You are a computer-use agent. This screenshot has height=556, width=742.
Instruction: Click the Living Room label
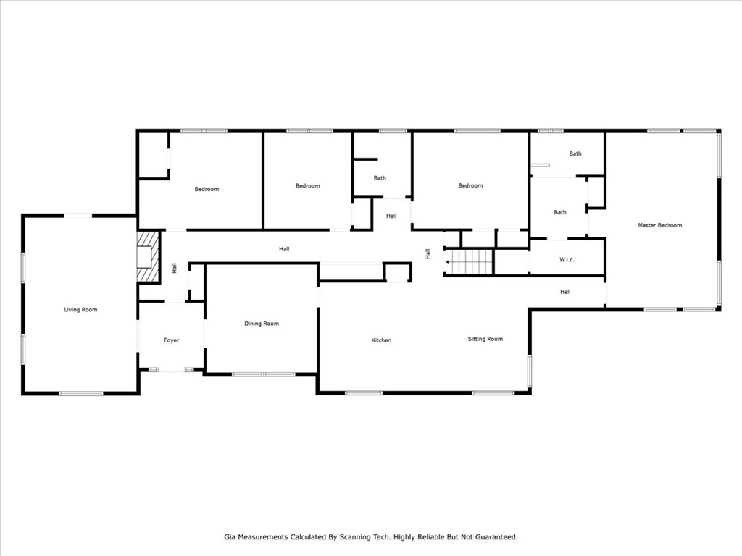click(x=80, y=310)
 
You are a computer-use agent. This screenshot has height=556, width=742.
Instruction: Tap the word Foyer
click(x=171, y=340)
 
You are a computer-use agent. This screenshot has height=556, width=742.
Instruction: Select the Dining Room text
click(x=261, y=324)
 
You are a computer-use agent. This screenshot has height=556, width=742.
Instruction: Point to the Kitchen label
click(x=381, y=340)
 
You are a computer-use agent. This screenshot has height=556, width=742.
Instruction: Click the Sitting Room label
click(x=485, y=339)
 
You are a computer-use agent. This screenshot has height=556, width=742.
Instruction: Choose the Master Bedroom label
click(x=659, y=225)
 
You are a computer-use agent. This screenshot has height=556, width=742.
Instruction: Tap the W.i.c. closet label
click(x=567, y=260)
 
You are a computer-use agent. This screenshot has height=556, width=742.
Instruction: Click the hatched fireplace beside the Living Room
click(x=148, y=256)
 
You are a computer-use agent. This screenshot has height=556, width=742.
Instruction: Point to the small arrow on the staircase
click(x=448, y=261)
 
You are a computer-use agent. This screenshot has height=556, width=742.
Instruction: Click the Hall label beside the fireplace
click(x=174, y=268)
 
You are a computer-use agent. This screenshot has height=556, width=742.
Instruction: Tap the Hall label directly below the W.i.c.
click(x=565, y=292)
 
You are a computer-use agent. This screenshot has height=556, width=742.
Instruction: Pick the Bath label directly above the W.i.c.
click(x=560, y=212)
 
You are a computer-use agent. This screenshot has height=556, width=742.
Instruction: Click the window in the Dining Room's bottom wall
click(x=263, y=374)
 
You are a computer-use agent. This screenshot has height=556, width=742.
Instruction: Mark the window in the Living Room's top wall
click(x=78, y=216)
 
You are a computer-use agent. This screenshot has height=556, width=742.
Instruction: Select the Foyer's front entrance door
click(x=171, y=370)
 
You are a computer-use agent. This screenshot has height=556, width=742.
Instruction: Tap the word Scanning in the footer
click(x=354, y=537)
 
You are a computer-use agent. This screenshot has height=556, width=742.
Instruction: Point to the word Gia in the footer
click(x=230, y=537)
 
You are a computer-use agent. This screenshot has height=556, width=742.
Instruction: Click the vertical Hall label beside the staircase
click(x=428, y=254)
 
